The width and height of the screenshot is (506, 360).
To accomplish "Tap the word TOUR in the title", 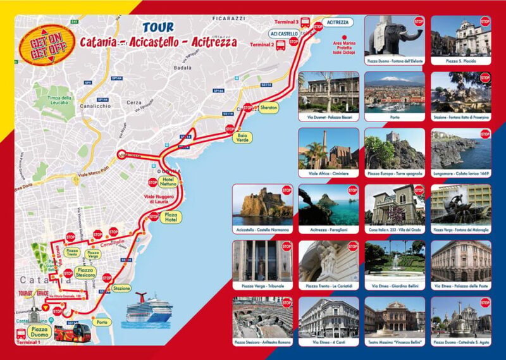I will pyautogui.click(x=158, y=27).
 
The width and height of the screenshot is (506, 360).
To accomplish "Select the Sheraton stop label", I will pyautogui.click(x=269, y=108).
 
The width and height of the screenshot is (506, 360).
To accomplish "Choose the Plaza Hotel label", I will pyautogui.click(x=170, y=218).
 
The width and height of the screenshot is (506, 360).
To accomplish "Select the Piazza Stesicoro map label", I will pyautogui.click(x=85, y=273).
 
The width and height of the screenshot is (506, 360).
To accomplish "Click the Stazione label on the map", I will pyautogui.click(x=121, y=288).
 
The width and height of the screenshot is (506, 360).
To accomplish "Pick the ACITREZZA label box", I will pyautogui.click(x=338, y=22).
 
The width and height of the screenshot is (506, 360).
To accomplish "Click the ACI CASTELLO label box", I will pyautogui.click(x=283, y=34).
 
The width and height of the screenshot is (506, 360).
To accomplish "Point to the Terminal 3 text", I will pyautogui.click(x=288, y=22).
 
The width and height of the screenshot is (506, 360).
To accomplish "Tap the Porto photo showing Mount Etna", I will pyautogui.click(x=394, y=92).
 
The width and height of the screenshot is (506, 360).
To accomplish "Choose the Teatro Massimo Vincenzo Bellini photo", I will pyautogui.click(x=394, y=316).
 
